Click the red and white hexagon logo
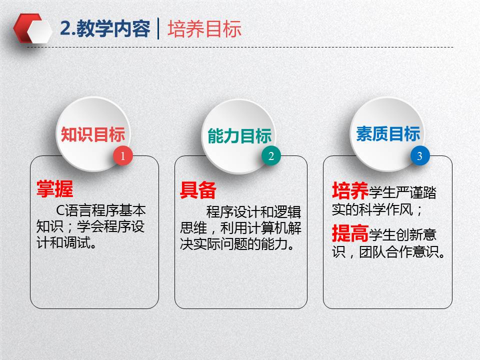point(33,28)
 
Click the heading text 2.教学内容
point(105,29)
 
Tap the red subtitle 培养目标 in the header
point(204,29)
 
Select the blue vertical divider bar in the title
point(158,29)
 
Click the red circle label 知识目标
point(93,134)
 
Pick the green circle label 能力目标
point(239,136)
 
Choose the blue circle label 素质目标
point(388,134)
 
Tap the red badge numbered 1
point(123,156)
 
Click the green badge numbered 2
point(271,156)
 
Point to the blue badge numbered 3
point(420,156)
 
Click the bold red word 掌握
point(55,189)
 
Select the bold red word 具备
point(198,190)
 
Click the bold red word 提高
point(350,233)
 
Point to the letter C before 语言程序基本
point(60,210)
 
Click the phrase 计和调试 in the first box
point(63,243)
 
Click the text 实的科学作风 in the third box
point(372,209)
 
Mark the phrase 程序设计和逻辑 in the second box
point(254,212)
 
